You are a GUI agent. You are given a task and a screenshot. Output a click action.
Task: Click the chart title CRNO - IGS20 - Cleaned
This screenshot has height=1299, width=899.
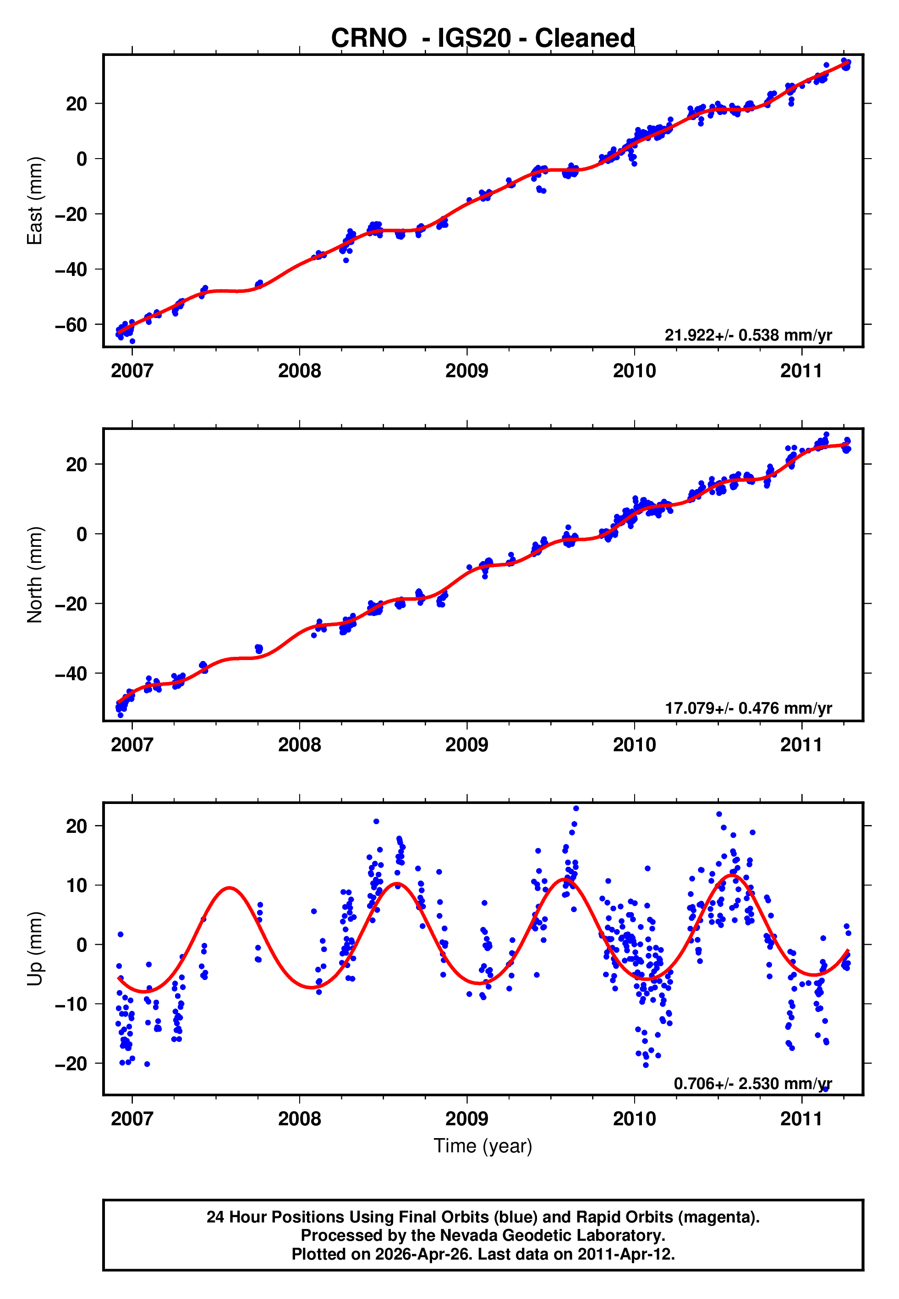pyautogui.click(x=483, y=39)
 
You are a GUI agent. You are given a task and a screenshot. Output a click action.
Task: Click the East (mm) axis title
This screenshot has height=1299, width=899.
pyautogui.click(x=35, y=201)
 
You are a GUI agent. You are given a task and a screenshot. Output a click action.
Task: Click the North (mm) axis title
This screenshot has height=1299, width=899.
pyautogui.click(x=35, y=575)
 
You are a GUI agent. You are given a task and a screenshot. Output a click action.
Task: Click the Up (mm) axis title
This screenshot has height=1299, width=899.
pyautogui.click(x=35, y=949)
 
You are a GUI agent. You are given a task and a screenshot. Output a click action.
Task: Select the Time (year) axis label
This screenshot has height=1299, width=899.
pyautogui.click(x=483, y=1146)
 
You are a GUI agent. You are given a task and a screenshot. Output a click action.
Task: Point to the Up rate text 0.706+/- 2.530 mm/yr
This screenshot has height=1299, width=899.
pyautogui.click(x=752, y=1083)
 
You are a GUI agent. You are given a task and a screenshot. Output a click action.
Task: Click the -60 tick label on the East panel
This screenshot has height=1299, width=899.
pyautogui.click(x=71, y=325)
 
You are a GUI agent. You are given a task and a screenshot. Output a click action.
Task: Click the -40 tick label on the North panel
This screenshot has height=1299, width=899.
pyautogui.click(x=71, y=674)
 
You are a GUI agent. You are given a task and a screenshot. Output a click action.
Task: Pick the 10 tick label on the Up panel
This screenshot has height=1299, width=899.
pyautogui.click(x=77, y=886)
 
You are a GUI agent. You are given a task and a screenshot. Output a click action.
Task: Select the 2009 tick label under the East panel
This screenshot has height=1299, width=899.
pyautogui.click(x=466, y=371)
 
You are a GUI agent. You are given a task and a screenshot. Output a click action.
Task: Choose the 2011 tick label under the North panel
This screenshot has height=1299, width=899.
pyautogui.click(x=801, y=745)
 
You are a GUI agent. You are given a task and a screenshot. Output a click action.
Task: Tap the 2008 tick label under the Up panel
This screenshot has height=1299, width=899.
pyautogui.click(x=299, y=1119)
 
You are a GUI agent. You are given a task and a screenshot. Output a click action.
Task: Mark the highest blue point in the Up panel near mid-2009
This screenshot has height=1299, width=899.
pyautogui.click(x=576, y=809)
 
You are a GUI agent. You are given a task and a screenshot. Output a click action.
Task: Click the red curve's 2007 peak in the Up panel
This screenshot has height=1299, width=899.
pyautogui.click(x=229, y=888)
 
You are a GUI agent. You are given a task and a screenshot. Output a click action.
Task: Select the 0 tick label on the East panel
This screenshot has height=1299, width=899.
pyautogui.click(x=82, y=159)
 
